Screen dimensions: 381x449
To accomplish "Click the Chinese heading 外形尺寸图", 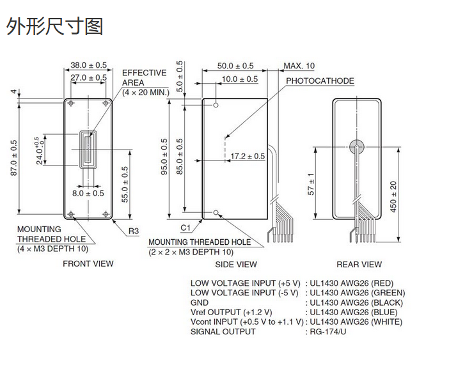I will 54,27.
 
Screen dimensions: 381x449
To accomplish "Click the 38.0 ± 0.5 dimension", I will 89,65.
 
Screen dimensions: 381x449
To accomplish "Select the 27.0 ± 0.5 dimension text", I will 89,77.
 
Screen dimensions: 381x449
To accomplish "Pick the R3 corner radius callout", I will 134,231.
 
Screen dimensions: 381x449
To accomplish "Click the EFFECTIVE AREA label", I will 145,78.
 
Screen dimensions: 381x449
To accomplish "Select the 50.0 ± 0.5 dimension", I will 235,66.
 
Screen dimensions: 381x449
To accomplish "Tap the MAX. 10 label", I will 299,66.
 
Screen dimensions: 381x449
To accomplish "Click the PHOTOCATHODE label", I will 320,81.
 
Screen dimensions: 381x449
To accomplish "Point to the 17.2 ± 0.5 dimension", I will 248,156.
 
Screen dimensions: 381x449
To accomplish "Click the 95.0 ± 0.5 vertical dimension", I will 165,157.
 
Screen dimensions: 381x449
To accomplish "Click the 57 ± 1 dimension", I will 312,184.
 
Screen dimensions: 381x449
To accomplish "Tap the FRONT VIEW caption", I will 88,263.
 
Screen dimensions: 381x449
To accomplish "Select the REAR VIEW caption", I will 359,264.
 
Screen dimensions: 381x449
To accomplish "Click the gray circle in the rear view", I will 356,146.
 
